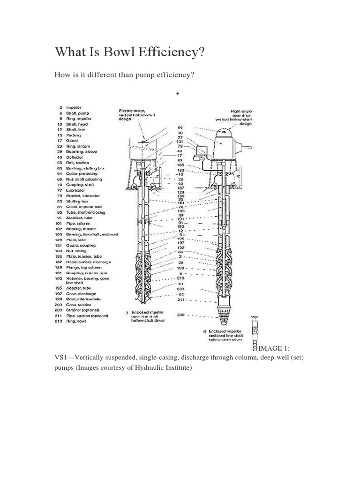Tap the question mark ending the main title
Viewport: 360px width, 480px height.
pos(202,52)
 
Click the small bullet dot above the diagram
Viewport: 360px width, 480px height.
pos(178,94)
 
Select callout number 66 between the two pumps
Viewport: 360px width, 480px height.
pos(180,127)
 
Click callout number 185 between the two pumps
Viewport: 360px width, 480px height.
pos(180,165)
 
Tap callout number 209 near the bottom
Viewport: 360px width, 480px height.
pos(180,315)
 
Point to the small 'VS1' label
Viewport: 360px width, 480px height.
pos(255,318)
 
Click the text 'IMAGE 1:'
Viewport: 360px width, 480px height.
pos(275,348)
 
